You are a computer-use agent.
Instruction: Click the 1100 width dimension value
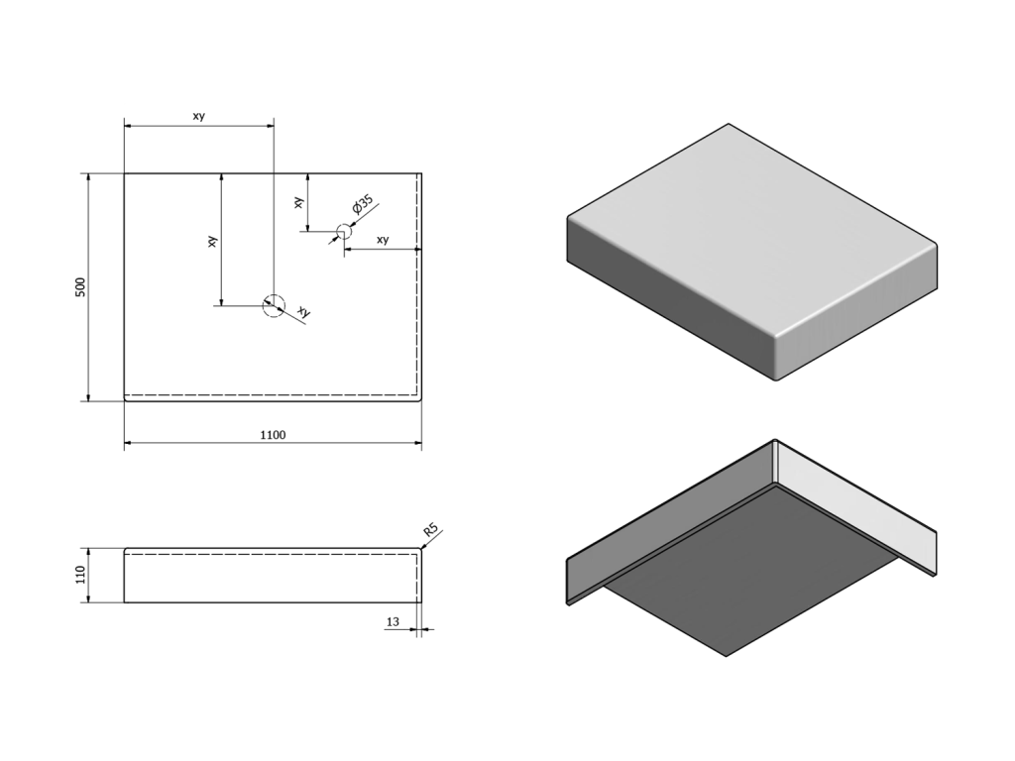pos(273,435)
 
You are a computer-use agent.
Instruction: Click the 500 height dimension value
pos(80,287)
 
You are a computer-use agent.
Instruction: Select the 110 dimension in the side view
pos(80,575)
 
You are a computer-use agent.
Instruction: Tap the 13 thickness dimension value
pos(393,622)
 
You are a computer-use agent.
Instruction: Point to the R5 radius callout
pos(431,531)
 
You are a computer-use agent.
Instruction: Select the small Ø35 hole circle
pos(344,231)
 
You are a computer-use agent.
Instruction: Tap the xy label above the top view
pos(198,116)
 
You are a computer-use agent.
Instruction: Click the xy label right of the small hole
pos(383,240)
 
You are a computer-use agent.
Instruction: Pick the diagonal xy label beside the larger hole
pos(303,311)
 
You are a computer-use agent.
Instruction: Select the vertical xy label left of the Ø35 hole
pos(298,202)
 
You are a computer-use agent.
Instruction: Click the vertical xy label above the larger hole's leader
pos(212,242)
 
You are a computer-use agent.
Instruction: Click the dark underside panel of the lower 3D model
pos(751,570)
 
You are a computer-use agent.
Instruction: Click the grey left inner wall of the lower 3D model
pos(670,517)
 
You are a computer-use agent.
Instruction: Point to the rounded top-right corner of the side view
pos(420,550)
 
